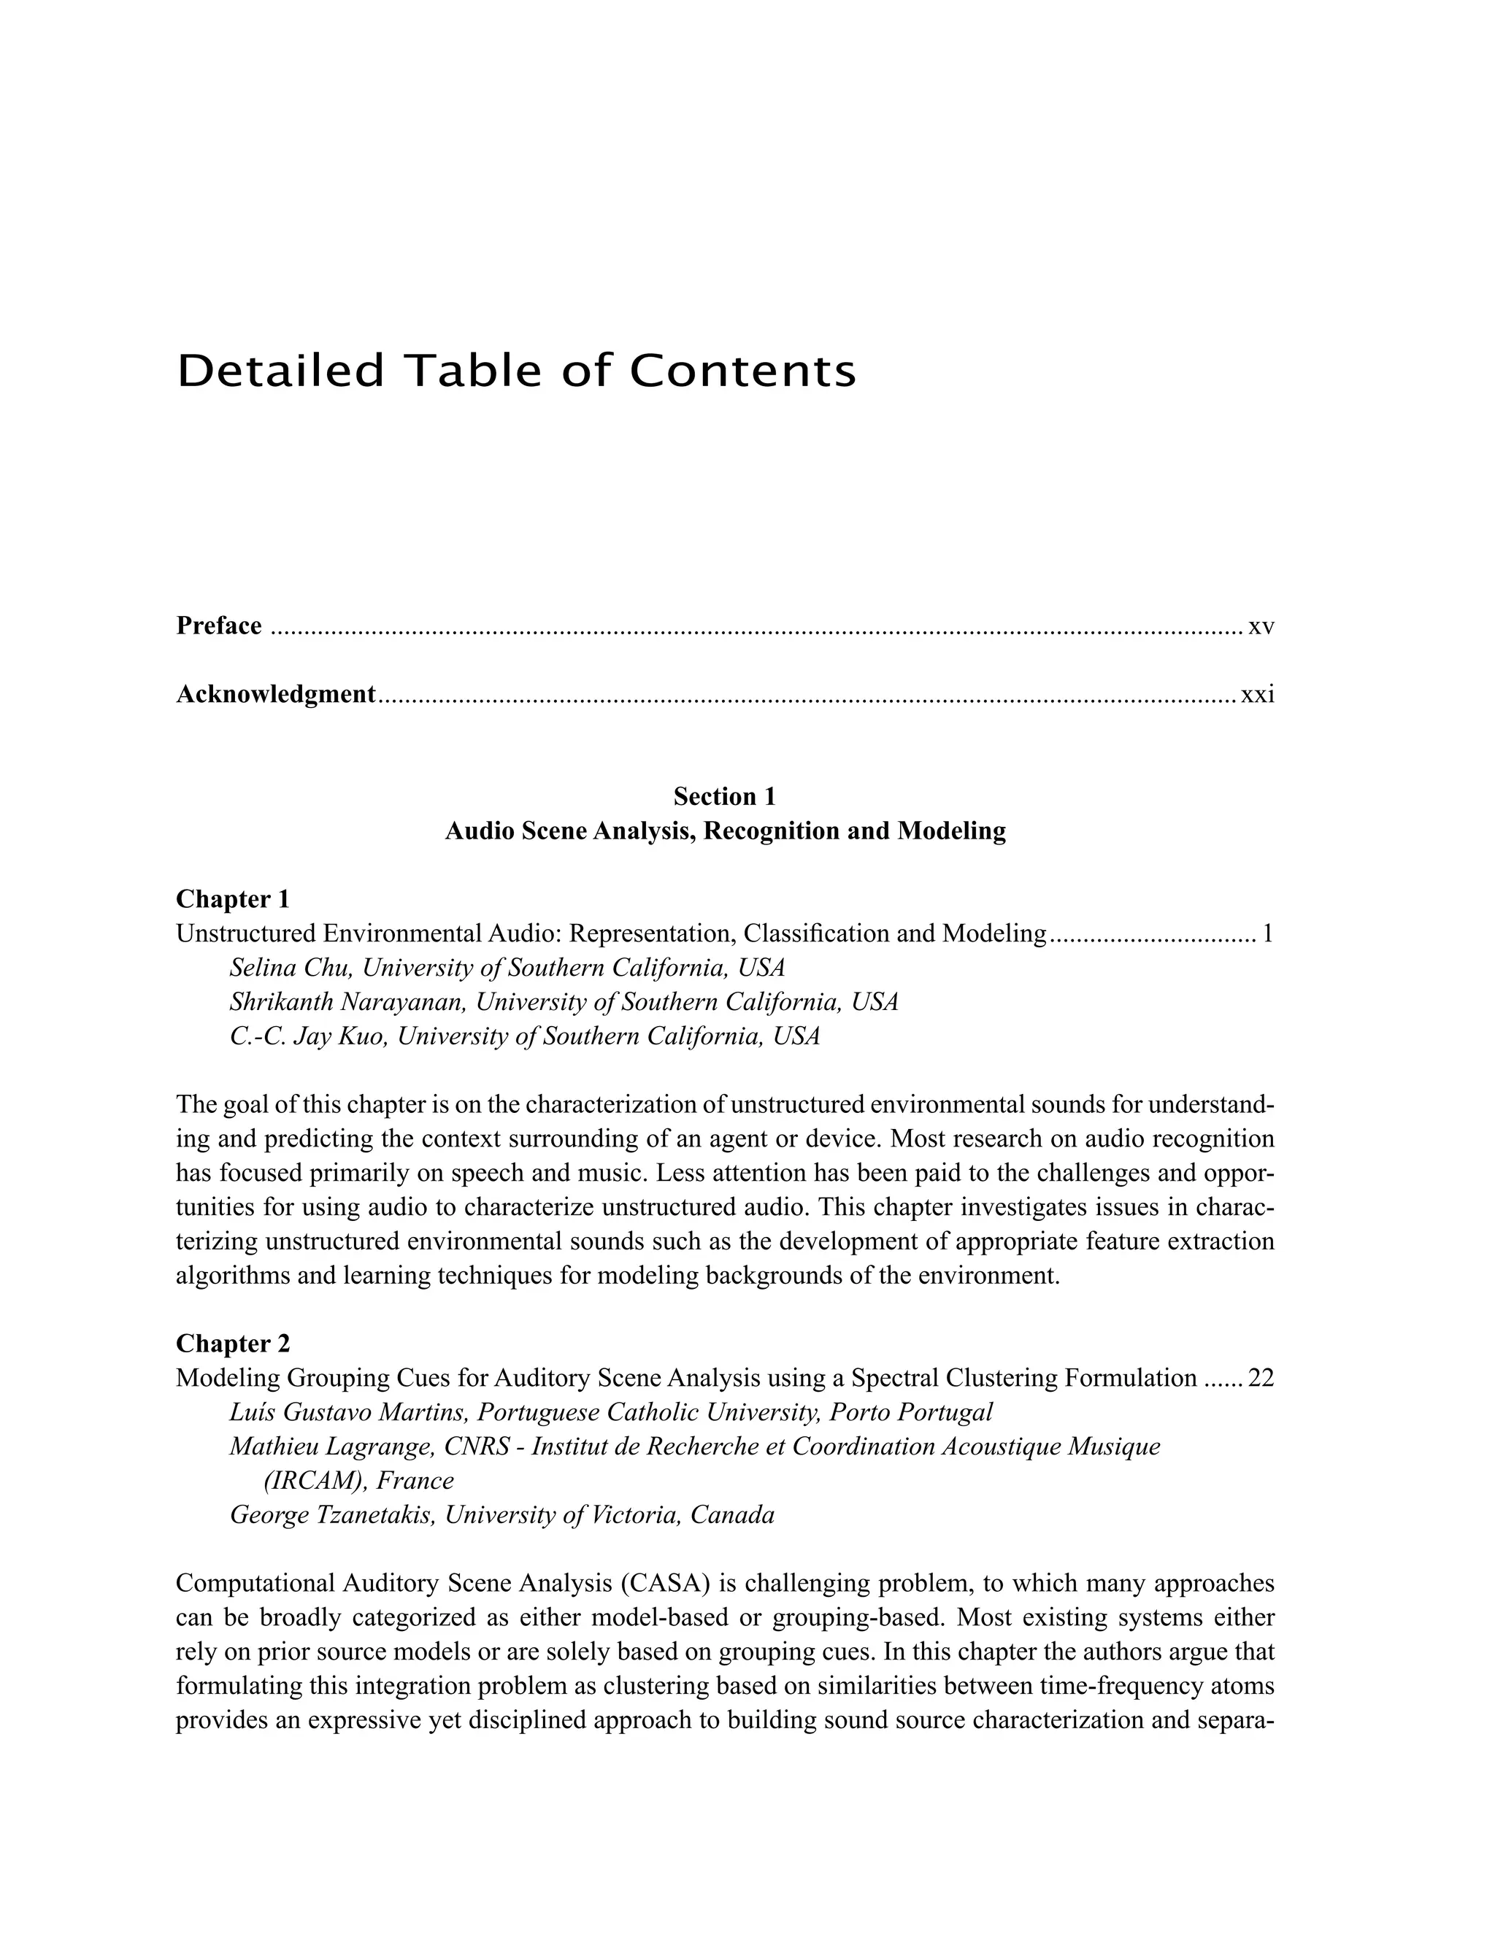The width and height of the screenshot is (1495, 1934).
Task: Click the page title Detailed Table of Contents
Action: [516, 371]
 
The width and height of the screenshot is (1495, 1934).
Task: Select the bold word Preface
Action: [219, 626]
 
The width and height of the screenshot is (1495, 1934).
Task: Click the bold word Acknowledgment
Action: [275, 694]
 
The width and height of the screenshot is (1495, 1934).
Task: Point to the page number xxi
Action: [1257, 695]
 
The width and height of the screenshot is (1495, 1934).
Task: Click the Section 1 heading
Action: [723, 796]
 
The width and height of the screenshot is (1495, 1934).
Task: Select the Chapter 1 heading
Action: [233, 899]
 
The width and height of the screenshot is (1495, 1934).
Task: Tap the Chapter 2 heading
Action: [233, 1344]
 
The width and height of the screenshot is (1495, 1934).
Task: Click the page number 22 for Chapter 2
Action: [1260, 1378]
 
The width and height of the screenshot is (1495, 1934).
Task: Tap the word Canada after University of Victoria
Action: [731, 1515]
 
